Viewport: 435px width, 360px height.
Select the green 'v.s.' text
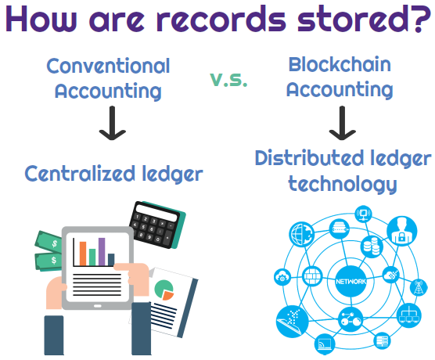pyautogui.click(x=228, y=78)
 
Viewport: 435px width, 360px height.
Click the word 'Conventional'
pyautogui.click(x=108, y=65)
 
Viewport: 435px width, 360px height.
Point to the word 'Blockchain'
pyautogui.click(x=340, y=63)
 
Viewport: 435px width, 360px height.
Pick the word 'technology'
pyautogui.click(x=342, y=184)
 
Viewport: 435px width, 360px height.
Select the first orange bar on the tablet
pyautogui.click(x=79, y=253)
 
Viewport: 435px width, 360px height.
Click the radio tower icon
pyautogui.click(x=414, y=287)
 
